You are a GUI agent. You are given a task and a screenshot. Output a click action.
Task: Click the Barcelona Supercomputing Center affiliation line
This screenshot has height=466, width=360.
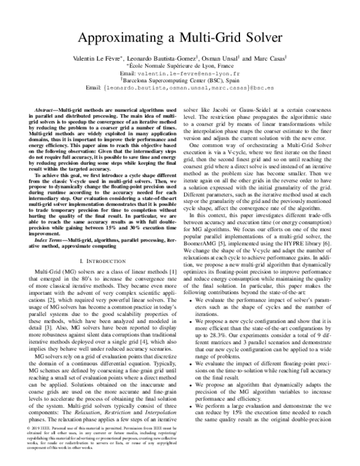tap(181, 97)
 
